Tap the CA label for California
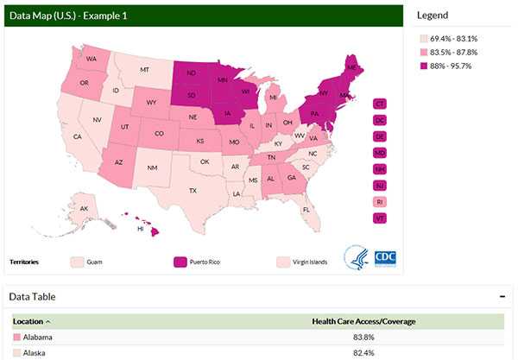[x=77, y=136]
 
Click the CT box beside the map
[x=380, y=104]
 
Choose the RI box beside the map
[x=380, y=202]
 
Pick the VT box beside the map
[x=380, y=218]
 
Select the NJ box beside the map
[x=380, y=186]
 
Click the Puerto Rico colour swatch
[x=180, y=262]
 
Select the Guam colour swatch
[x=77, y=262]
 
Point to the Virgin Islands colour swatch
[x=282, y=262]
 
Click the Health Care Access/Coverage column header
[x=363, y=321]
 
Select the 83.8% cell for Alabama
[x=363, y=338]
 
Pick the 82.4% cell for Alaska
[x=363, y=353]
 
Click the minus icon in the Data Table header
[x=502, y=296]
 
